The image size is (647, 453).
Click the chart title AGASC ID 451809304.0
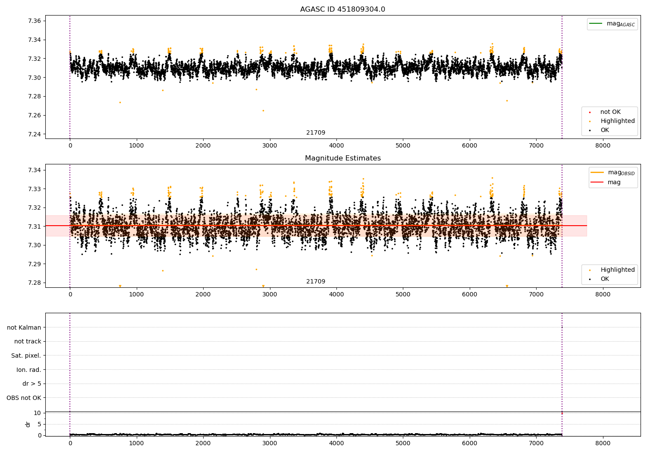coord(342,9)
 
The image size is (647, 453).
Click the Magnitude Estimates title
coord(342,158)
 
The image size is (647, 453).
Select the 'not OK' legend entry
coord(610,112)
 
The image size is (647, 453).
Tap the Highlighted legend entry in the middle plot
coord(617,270)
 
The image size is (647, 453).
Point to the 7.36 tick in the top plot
coord(34,21)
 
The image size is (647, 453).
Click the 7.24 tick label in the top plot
coord(34,134)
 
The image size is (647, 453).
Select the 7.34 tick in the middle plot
coord(34,170)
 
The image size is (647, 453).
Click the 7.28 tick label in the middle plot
coord(34,283)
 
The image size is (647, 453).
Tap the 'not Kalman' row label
coord(24,327)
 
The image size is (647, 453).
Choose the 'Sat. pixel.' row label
coord(26,356)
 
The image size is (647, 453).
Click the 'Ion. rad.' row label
coord(28,370)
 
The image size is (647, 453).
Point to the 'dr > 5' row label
coord(31,384)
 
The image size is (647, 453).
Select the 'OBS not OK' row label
coord(24,398)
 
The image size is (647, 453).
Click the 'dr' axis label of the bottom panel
coord(28,424)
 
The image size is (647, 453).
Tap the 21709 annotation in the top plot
coord(316,133)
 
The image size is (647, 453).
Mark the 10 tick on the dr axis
coord(37,413)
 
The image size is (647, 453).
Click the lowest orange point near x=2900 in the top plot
coord(263,110)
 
